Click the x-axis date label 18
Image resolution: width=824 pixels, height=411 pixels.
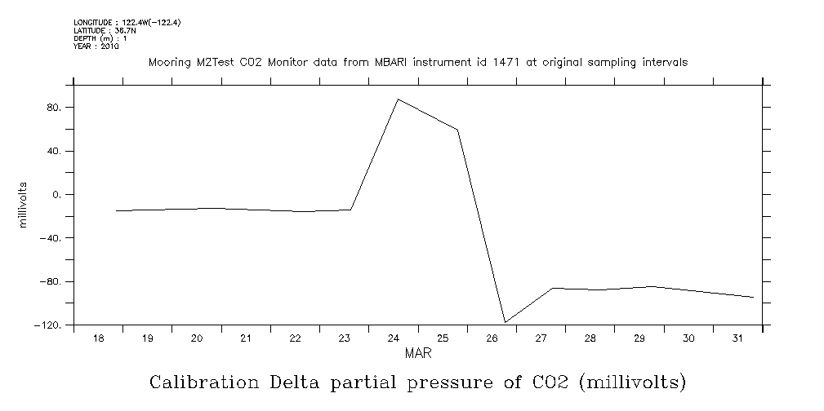click(98, 338)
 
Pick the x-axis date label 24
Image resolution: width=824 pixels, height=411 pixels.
click(393, 338)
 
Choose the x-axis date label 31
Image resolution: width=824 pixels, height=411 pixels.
click(737, 338)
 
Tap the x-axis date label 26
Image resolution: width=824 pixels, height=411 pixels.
click(492, 338)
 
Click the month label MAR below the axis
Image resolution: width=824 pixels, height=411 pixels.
click(418, 354)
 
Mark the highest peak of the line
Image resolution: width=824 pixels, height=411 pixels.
click(397, 99)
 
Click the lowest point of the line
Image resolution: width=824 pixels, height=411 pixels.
click(506, 322)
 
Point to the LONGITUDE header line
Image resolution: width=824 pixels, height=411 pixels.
click(127, 23)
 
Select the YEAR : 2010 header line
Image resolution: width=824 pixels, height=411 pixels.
click(96, 46)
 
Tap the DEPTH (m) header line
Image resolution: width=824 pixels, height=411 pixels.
click(100, 38)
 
